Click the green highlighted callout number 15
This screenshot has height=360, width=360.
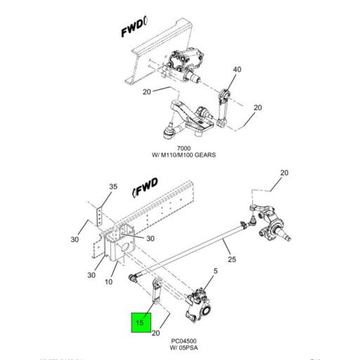tap(139, 323)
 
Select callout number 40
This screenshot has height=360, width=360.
tap(237, 70)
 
